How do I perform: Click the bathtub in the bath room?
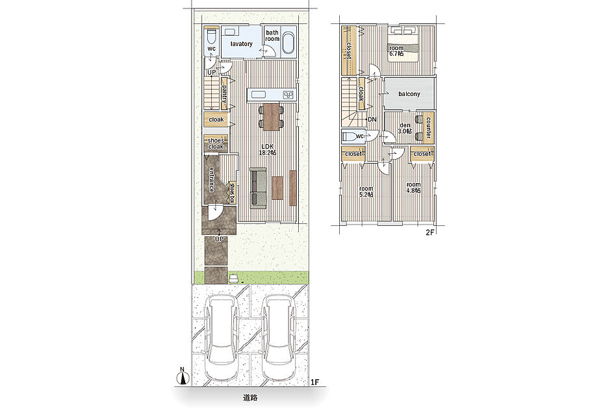click(288, 43)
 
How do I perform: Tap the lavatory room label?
click(241, 44)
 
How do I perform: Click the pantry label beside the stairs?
click(224, 93)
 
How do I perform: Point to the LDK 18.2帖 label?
click(268, 149)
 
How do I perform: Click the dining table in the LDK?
click(271, 117)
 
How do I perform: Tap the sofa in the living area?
click(259, 186)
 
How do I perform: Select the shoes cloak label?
click(216, 143)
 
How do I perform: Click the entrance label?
click(211, 179)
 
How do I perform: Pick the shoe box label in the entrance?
click(232, 193)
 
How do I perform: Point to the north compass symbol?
click(182, 376)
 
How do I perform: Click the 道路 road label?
click(250, 398)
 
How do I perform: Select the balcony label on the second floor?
click(409, 94)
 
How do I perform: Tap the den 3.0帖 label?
click(405, 129)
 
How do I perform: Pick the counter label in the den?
click(428, 128)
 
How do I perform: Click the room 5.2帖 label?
click(366, 192)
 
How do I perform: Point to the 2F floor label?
click(430, 232)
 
